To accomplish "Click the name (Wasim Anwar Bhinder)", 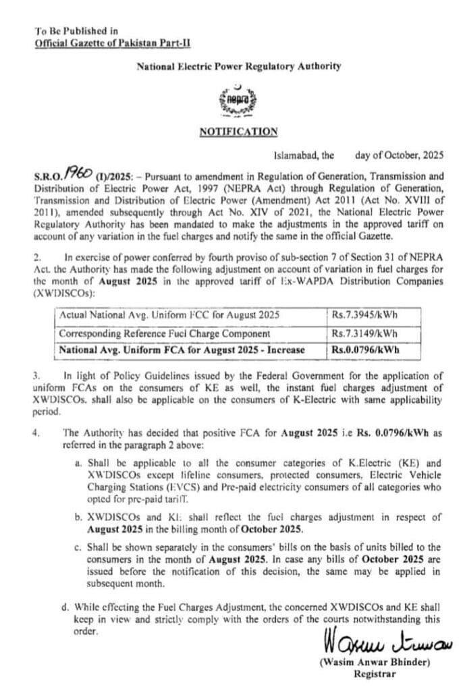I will click(374, 662).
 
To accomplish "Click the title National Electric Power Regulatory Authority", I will click(238, 66).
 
